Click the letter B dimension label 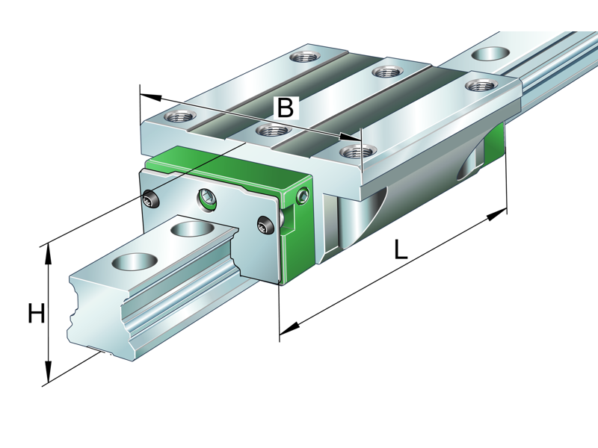pyautogui.click(x=285, y=108)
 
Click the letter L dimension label pyautogui.click(x=401, y=249)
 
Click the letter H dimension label pyautogui.click(x=36, y=314)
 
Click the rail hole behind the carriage pyautogui.click(x=490, y=54)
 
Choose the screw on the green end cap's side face pyautogui.click(x=302, y=196)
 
